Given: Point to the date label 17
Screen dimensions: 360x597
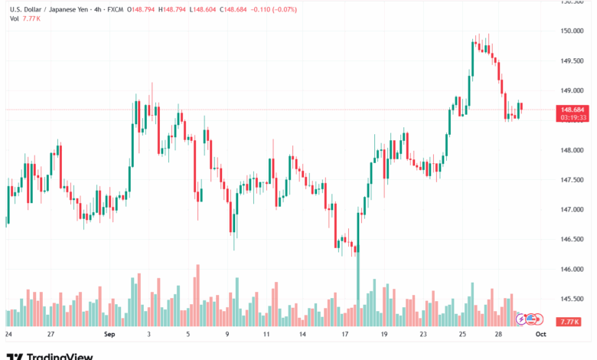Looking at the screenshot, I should [x=345, y=335].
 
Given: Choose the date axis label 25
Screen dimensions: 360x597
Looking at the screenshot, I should [x=463, y=335].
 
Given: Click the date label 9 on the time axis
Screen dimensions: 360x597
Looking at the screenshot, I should [x=227, y=335].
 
